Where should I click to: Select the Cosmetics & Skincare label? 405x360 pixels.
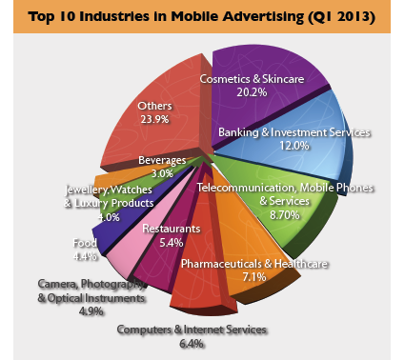252,79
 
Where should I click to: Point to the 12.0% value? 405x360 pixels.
294,147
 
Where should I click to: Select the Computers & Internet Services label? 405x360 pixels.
192,330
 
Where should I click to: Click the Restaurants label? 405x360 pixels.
171,229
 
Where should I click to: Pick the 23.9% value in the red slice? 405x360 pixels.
155,120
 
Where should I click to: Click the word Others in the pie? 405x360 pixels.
155,105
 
